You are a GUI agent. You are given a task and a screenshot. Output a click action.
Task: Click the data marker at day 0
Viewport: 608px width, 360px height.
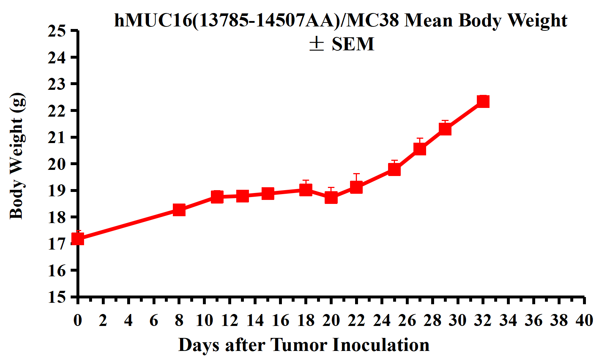click(x=78, y=239)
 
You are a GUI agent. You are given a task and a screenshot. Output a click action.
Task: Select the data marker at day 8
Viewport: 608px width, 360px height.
click(x=179, y=209)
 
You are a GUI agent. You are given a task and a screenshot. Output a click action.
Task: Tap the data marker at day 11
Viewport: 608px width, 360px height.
click(x=217, y=197)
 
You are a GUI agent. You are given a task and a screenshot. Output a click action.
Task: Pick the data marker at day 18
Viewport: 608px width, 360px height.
click(x=306, y=189)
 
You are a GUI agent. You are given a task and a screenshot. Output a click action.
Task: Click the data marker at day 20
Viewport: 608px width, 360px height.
click(x=331, y=198)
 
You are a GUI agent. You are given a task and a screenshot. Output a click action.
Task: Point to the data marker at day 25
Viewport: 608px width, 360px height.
click(x=394, y=169)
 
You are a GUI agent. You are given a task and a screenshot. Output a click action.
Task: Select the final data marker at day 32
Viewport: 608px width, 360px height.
click(x=483, y=101)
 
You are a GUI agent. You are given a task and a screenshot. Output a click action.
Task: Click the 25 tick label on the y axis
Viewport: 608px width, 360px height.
click(x=57, y=31)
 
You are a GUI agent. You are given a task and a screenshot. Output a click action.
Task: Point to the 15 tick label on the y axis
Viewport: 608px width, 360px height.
click(x=57, y=297)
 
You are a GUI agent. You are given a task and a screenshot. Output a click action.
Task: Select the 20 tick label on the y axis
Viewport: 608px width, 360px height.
click(x=57, y=164)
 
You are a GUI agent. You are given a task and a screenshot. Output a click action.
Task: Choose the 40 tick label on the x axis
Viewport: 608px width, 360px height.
click(x=584, y=321)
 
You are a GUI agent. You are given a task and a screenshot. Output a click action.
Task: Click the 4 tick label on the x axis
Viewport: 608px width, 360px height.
click(x=128, y=321)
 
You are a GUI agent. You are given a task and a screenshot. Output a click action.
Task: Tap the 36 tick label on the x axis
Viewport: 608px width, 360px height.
click(x=533, y=321)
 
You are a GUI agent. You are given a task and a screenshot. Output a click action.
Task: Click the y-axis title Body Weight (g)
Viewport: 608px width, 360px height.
click(x=17, y=156)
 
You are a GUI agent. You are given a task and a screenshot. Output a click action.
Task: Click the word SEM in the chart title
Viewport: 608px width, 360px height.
click(x=353, y=44)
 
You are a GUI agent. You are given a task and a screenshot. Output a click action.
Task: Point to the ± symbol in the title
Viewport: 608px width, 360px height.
click(x=316, y=44)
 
